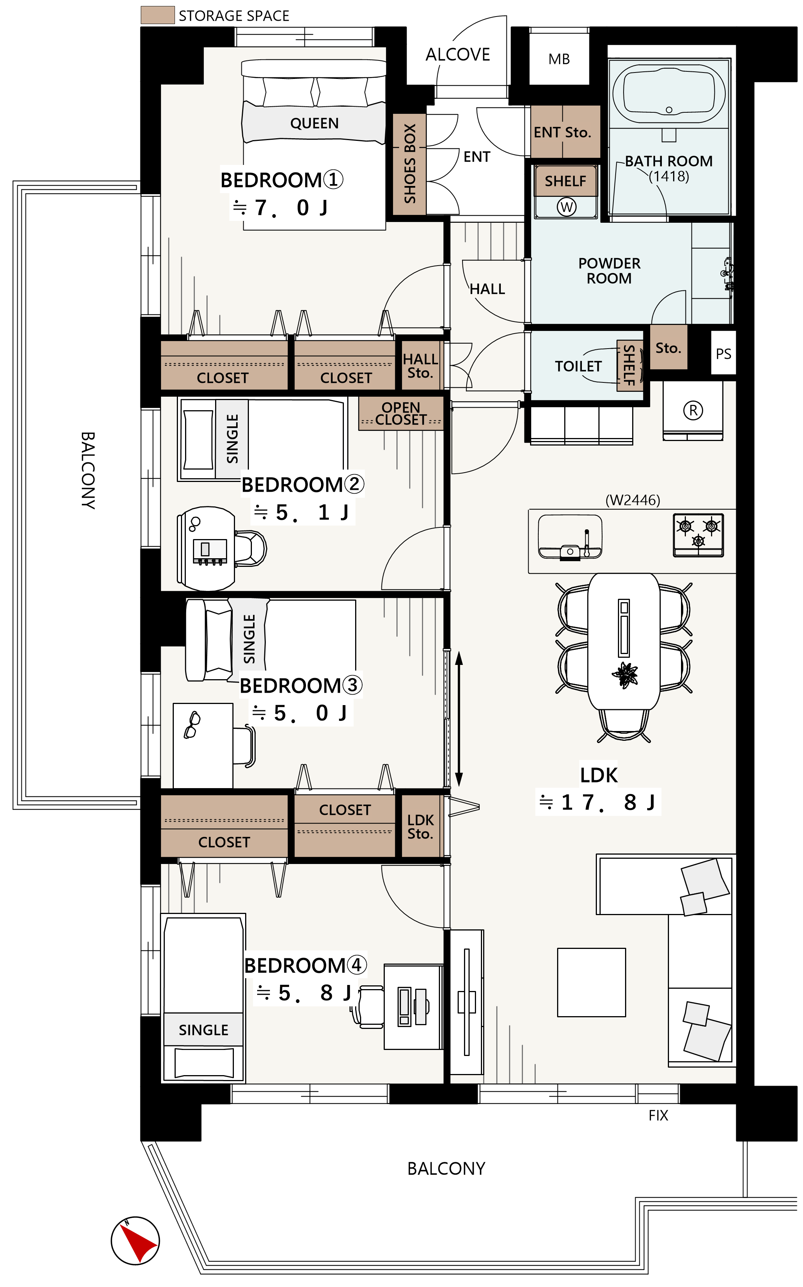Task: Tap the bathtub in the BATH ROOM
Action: [x=669, y=94]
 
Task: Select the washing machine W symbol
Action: [x=566, y=207]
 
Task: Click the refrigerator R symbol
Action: [x=693, y=410]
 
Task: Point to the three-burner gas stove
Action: [x=698, y=535]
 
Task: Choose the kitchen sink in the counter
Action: [x=570, y=537]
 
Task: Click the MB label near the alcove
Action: [x=559, y=59]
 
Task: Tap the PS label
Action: [x=723, y=354]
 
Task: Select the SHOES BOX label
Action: [x=410, y=164]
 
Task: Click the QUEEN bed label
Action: [x=314, y=123]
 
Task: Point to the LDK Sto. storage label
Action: [x=420, y=827]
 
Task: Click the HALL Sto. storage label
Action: [x=420, y=366]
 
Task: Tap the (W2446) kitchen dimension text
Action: [x=633, y=500]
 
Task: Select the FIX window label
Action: [x=658, y=1115]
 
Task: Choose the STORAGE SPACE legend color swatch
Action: [x=158, y=15]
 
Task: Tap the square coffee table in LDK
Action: [x=591, y=982]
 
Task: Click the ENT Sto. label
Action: [x=562, y=132]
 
